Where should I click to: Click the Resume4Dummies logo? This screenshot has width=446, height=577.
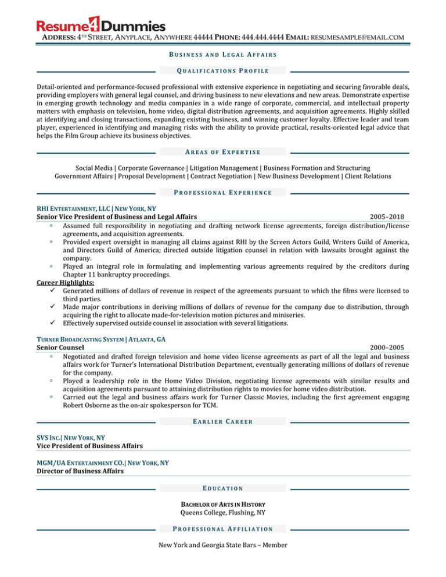pos(100,26)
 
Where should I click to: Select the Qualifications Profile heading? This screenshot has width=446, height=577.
pos(222,71)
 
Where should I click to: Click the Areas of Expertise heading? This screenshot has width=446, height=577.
pos(222,152)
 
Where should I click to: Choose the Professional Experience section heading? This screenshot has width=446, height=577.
pos(222,192)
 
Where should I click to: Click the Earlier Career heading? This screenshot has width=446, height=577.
pos(222,421)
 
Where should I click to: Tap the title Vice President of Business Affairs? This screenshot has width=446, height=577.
pos(89,445)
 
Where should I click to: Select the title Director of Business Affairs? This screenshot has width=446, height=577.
pos(80,471)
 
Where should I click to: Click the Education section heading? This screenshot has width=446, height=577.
pos(222,488)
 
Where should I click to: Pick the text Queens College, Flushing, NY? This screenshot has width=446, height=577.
pos(222,513)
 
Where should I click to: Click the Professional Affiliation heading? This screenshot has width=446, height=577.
pos(222,529)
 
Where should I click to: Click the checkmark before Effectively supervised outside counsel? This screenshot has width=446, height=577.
pos(53,323)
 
